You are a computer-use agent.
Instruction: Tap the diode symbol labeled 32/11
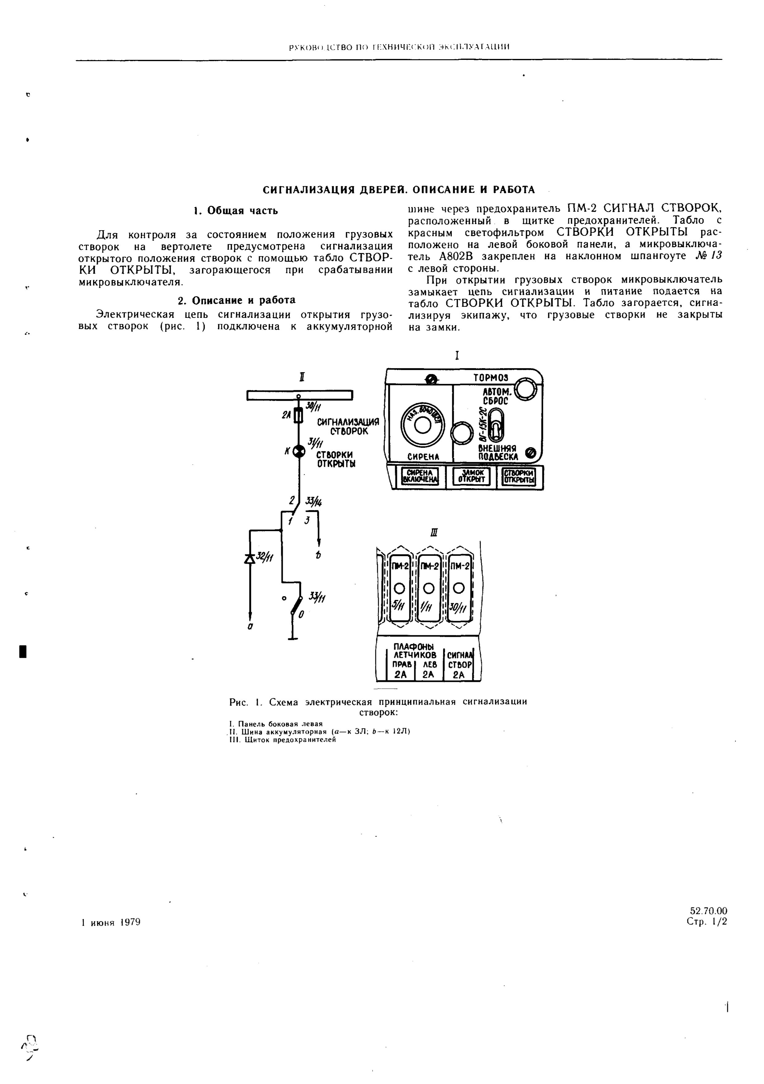(250, 559)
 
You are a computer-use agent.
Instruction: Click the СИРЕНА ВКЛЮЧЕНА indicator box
(420, 476)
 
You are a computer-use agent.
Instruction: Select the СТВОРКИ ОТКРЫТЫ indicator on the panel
(520, 476)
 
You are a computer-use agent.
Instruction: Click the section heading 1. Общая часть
(236, 210)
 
